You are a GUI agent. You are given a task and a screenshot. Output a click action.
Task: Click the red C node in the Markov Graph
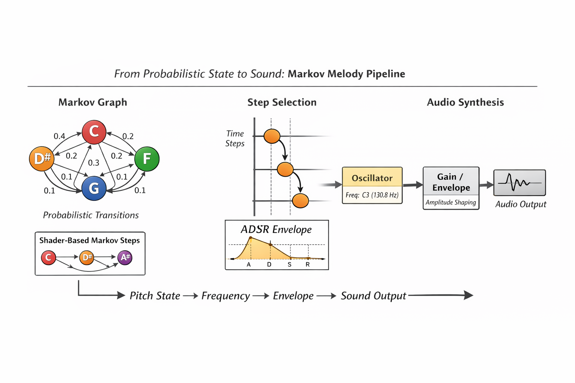pyautogui.click(x=94, y=132)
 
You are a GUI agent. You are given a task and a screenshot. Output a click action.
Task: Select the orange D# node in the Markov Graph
pyautogui.click(x=42, y=159)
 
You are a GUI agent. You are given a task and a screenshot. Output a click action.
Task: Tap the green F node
pyautogui.click(x=147, y=159)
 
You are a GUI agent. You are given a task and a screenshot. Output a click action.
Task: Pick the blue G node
pyautogui.click(x=94, y=188)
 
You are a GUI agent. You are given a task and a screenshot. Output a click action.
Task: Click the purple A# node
pyautogui.click(x=125, y=257)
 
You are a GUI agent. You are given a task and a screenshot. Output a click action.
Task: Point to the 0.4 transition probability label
pyautogui.click(x=59, y=136)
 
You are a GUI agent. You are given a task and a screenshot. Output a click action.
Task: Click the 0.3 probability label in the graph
pyautogui.click(x=94, y=163)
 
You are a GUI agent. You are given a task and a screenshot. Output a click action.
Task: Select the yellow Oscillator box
pyautogui.click(x=372, y=178)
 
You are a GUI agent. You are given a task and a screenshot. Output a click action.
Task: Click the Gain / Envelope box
pyautogui.click(x=451, y=182)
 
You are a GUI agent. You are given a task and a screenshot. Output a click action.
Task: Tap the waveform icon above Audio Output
pyautogui.click(x=519, y=183)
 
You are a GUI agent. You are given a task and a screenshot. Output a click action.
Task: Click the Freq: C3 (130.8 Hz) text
pyautogui.click(x=372, y=195)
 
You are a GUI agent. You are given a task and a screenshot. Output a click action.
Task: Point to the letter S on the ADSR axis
pyautogui.click(x=289, y=264)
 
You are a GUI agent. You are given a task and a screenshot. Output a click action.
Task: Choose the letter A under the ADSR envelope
pyautogui.click(x=249, y=264)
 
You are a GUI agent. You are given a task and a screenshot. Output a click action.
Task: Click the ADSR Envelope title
pyautogui.click(x=276, y=229)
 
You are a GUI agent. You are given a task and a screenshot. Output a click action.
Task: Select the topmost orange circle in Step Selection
pyautogui.click(x=272, y=136)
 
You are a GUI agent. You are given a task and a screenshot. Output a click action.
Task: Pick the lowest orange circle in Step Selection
pyautogui.click(x=300, y=201)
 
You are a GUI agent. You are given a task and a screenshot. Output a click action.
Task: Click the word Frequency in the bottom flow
pyautogui.click(x=225, y=296)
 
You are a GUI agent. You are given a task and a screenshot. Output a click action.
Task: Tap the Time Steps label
pyautogui.click(x=235, y=138)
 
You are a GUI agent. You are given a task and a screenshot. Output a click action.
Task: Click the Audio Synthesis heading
pyautogui.click(x=465, y=102)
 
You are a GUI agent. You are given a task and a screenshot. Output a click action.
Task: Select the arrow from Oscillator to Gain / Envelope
pyautogui.click(x=413, y=185)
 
